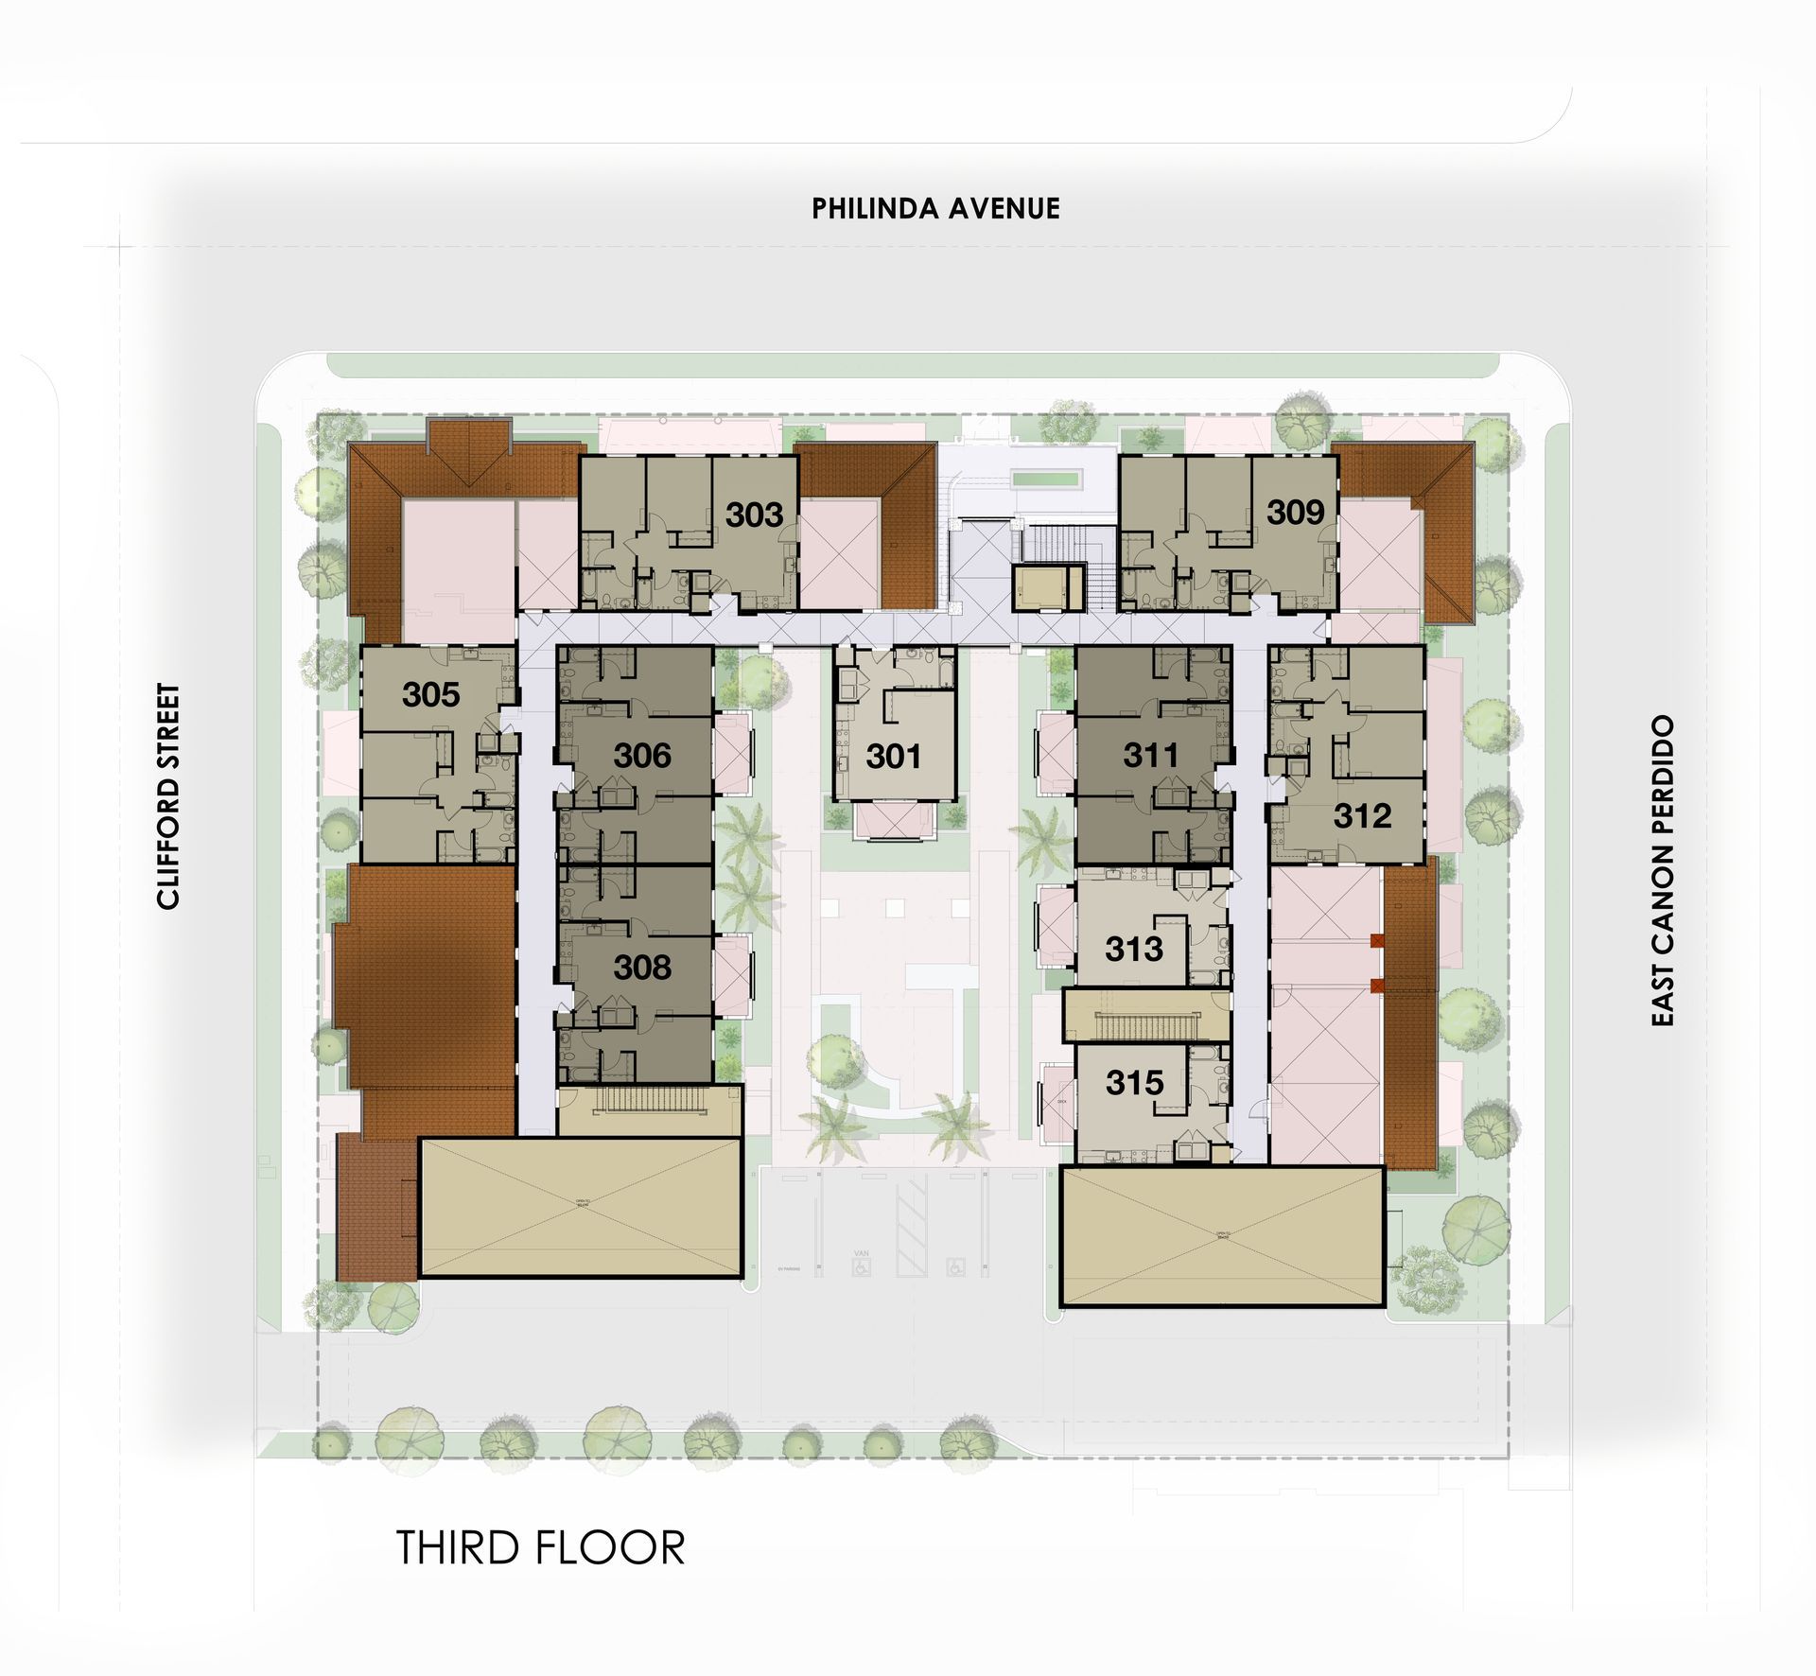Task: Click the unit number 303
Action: (x=754, y=515)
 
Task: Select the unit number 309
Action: (x=1295, y=513)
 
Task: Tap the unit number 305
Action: (x=430, y=694)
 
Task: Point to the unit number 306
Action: (x=642, y=755)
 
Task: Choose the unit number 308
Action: (x=642, y=967)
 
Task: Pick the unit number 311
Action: (x=1151, y=755)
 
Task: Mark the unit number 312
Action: (x=1362, y=815)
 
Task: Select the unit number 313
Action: (x=1134, y=948)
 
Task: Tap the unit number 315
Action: (x=1134, y=1082)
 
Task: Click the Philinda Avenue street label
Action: (x=935, y=208)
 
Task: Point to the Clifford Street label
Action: (x=168, y=796)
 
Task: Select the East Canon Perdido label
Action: (x=1663, y=870)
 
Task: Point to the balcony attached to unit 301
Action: (x=894, y=819)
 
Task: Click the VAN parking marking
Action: (x=861, y=1253)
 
